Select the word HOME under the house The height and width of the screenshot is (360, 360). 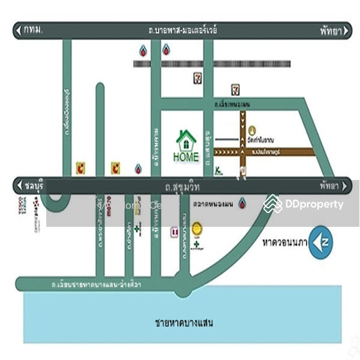coord(185,157)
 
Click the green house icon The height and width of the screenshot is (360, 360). coord(186,141)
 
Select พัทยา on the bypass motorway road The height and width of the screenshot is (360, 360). coord(329,30)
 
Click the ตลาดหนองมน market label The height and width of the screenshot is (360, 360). coord(214,203)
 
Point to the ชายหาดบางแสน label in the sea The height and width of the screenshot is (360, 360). coord(184,323)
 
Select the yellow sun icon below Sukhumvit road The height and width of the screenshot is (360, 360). coord(197,229)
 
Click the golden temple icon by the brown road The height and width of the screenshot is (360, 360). coord(252,130)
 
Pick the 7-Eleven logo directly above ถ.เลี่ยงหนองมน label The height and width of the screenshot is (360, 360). coord(236,90)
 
